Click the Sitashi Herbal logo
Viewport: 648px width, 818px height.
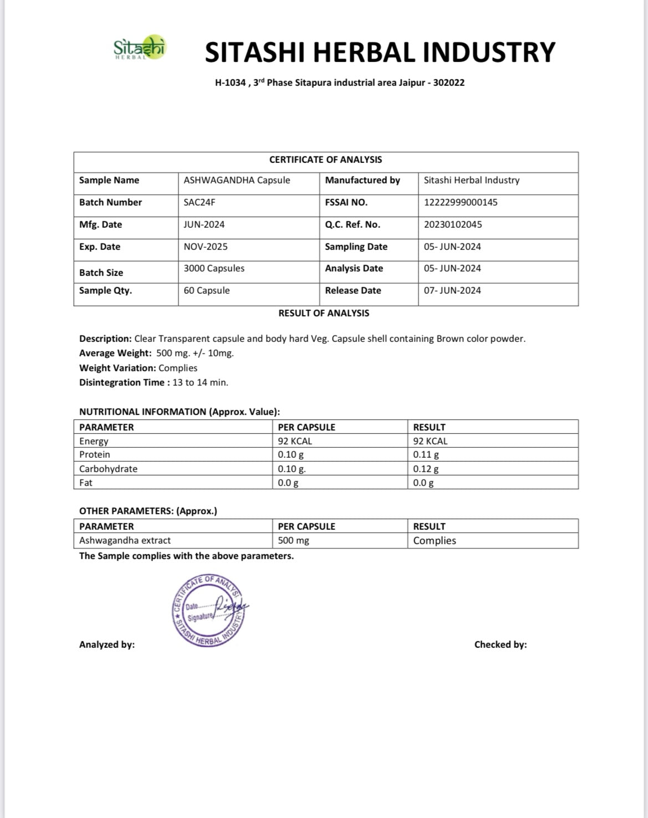139,48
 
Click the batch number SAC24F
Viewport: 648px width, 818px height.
199,202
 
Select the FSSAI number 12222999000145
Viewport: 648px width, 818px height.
460,202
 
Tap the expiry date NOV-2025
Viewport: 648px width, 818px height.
205,247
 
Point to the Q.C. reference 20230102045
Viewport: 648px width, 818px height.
452,224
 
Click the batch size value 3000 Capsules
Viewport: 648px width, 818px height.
213,268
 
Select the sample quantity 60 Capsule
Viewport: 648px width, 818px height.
206,290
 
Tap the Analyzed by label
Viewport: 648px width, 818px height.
106,645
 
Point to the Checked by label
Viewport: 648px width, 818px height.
500,645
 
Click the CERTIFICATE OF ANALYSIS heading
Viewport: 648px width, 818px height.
325,160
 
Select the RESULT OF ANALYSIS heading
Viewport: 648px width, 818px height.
324,313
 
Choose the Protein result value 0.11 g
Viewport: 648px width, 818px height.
426,454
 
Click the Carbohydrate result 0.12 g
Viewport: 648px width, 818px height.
426,469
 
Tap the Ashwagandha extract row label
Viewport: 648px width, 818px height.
125,540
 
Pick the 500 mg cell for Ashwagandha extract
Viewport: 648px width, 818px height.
293,540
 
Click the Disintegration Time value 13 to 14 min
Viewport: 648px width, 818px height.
200,382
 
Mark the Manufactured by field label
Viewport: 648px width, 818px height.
362,180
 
